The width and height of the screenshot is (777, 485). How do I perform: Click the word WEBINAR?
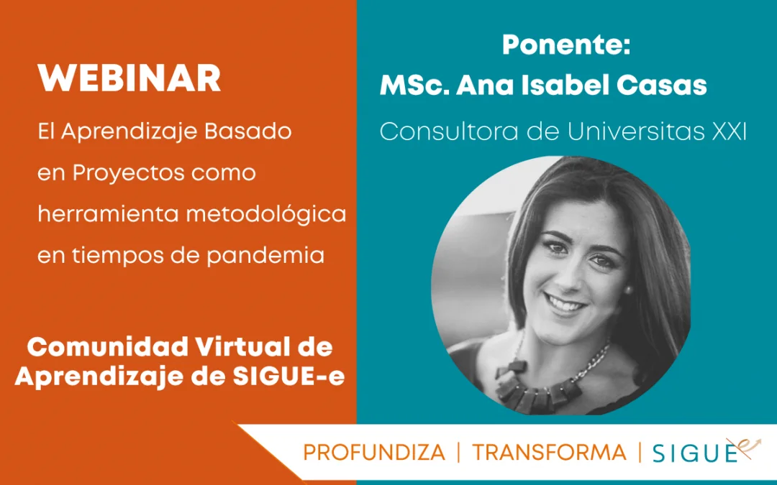[x=129, y=78]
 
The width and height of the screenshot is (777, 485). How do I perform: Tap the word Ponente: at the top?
[x=566, y=45]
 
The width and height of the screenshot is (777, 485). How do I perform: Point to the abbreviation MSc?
[x=415, y=85]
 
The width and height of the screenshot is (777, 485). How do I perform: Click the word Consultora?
[x=449, y=131]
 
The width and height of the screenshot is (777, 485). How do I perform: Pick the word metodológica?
[x=265, y=215]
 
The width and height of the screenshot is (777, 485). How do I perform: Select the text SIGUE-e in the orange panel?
[x=288, y=377]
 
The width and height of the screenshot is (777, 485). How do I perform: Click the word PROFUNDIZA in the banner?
[x=374, y=453]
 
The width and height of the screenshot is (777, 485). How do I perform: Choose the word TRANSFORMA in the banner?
[x=549, y=453]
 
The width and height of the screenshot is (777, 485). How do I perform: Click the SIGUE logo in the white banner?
[x=706, y=451]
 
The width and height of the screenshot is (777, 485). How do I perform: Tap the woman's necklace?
[x=550, y=384]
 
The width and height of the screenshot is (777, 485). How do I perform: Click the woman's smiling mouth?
[x=565, y=303]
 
